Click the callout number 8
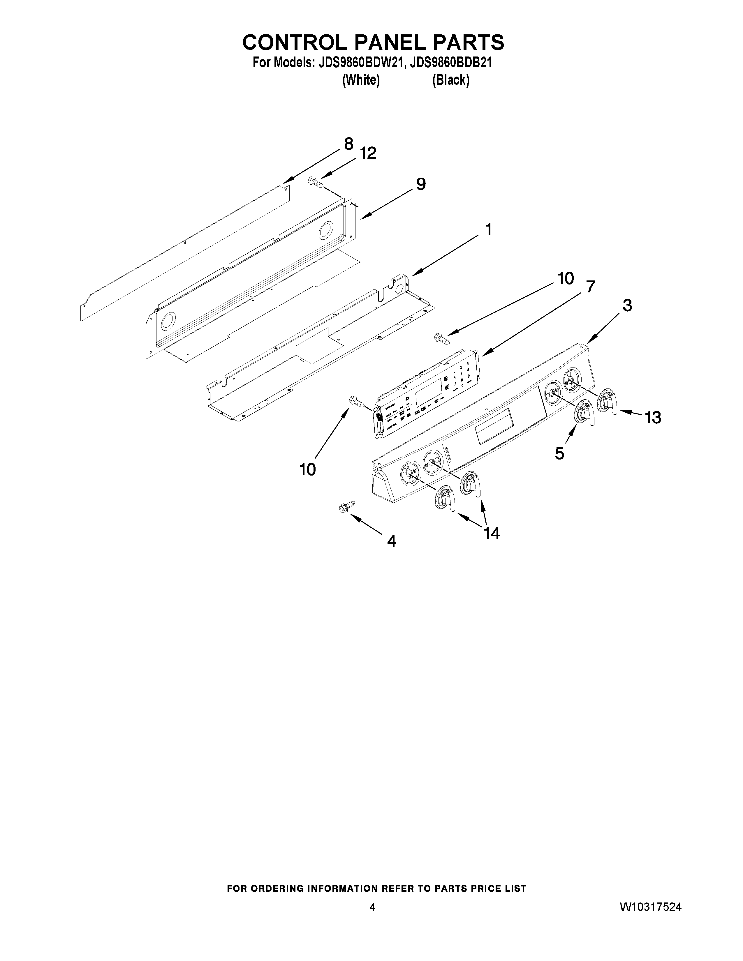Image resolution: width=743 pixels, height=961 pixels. click(348, 144)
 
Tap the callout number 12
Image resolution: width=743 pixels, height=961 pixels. click(368, 153)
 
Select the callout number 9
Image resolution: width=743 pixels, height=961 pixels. click(421, 184)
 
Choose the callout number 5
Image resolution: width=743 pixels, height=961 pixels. click(559, 453)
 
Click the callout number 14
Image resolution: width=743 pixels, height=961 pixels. click(492, 533)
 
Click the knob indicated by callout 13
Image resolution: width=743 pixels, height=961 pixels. click(609, 401)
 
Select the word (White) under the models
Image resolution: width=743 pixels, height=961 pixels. click(360, 80)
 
